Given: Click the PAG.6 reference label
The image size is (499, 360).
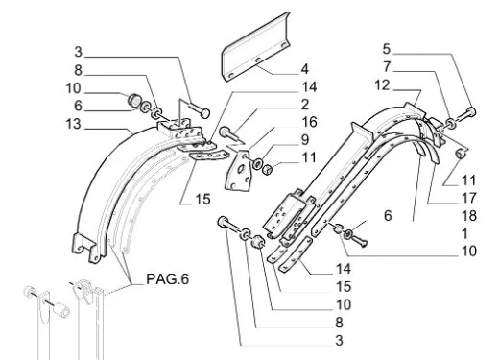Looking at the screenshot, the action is [x=167, y=279].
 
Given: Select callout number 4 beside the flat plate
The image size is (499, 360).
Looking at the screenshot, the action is [x=304, y=69].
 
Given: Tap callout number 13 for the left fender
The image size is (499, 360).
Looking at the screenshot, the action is [x=73, y=124].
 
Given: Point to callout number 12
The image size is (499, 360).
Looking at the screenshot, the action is [x=383, y=85].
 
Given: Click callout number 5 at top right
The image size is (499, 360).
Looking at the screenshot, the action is [x=387, y=49].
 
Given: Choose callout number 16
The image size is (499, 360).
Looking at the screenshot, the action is [x=309, y=122].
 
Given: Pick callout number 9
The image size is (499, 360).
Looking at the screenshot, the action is [x=305, y=140].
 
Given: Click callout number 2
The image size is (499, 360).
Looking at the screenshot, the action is [x=305, y=105].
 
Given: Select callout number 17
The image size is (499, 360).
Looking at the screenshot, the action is [x=469, y=199].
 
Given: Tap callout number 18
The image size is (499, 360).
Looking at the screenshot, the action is [x=469, y=216].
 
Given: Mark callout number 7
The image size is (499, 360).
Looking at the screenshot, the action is [x=387, y=67].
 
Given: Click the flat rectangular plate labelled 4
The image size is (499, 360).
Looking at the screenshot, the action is [x=256, y=48].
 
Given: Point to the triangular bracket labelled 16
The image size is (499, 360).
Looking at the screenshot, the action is [x=238, y=171].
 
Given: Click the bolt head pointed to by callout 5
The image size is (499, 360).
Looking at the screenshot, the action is [x=471, y=111].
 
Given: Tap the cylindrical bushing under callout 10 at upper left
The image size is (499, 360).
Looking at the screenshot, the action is [x=133, y=100].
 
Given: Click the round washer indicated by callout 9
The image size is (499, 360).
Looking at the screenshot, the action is [x=257, y=164].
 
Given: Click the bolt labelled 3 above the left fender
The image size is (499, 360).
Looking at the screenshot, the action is [x=200, y=110].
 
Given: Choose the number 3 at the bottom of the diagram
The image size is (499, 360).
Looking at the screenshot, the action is [x=339, y=341].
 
